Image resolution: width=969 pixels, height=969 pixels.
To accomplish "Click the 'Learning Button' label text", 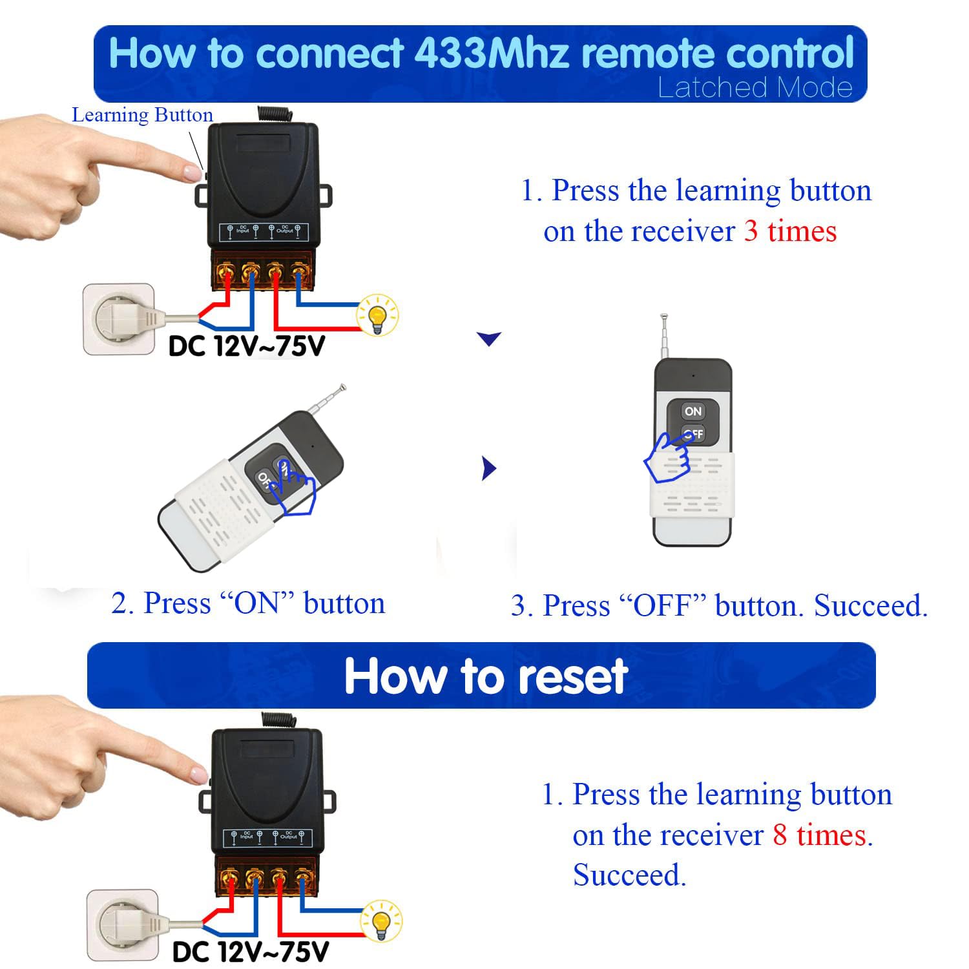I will tap(142, 115).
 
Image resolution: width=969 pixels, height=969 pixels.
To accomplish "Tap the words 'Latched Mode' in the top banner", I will tap(755, 88).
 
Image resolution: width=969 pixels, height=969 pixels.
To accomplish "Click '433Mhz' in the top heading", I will tap(491, 53).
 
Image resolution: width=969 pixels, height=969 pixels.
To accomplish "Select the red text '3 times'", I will tap(790, 231).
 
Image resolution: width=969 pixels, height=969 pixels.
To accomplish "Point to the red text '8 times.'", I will tap(822, 835).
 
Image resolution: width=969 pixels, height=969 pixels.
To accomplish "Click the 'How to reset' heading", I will tap(486, 676).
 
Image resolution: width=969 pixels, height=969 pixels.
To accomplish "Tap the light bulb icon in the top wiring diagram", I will tap(378, 315).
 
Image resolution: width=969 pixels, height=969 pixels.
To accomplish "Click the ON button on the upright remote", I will tap(693, 411).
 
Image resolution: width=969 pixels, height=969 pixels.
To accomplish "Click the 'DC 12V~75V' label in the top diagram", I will tap(246, 347).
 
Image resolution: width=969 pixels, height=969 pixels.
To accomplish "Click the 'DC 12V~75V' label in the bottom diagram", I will tap(250, 952).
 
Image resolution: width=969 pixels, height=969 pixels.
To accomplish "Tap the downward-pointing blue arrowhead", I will tap(488, 338).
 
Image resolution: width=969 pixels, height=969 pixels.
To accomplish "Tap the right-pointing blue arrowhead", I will tap(489, 468).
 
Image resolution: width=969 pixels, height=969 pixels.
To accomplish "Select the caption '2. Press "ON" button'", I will tap(248, 603).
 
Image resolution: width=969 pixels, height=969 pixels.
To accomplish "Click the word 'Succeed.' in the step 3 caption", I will tap(870, 606).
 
